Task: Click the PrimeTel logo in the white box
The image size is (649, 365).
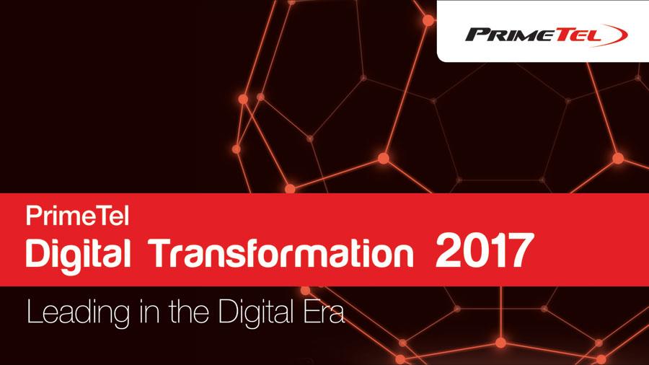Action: coord(547,35)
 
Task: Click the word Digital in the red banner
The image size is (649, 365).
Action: coord(78,254)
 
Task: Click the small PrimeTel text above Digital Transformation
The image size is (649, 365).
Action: coord(77,216)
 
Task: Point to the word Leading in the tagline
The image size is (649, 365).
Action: coord(78,314)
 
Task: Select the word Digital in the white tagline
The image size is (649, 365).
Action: coord(256,314)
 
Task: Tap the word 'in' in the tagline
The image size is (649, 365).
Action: coord(149,312)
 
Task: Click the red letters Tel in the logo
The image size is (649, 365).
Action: coord(578,35)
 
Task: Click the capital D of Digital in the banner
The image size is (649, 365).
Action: coord(37,252)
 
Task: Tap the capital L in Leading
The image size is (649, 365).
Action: coord(35,312)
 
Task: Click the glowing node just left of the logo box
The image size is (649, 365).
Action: coord(428,20)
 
